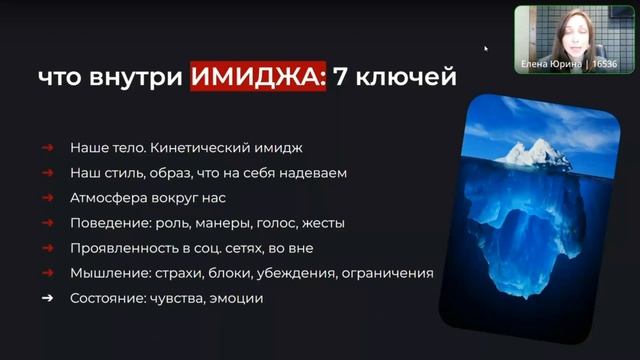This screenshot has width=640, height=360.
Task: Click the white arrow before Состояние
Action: point(47,298)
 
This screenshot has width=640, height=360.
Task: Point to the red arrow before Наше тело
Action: point(47,148)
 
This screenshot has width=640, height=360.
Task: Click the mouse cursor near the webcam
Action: point(486,47)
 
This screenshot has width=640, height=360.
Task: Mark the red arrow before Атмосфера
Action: point(47,198)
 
